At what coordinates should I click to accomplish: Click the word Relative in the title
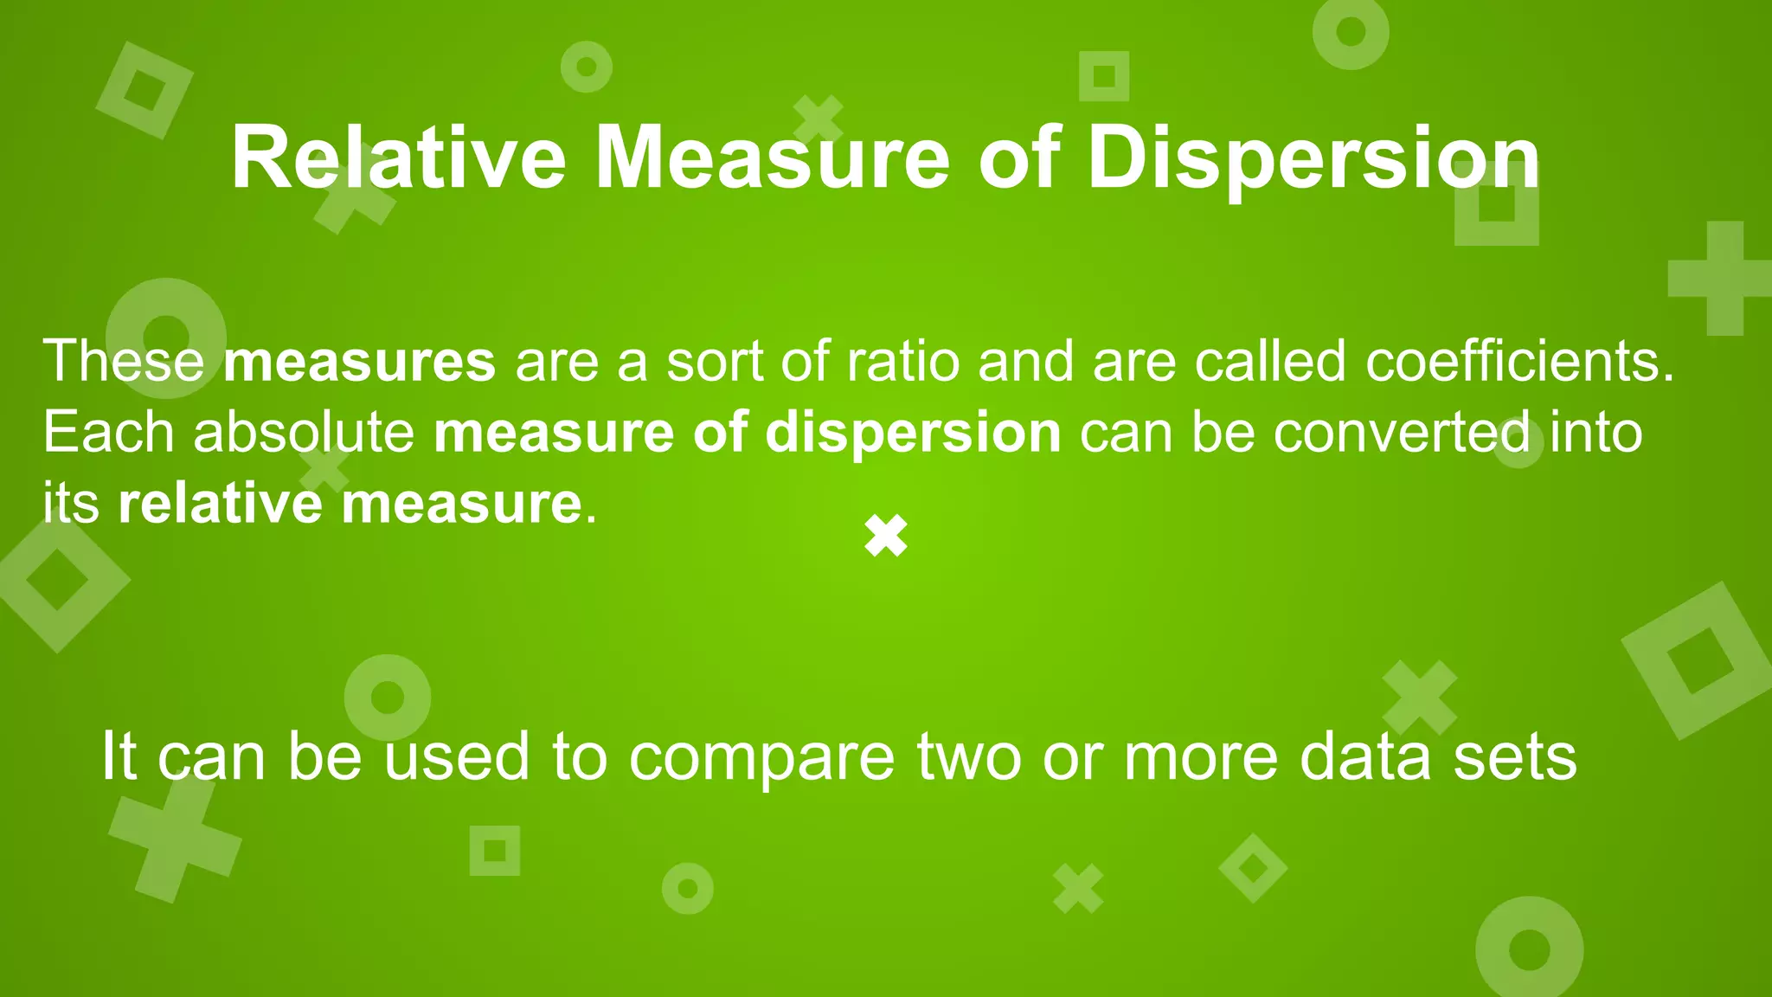pyautogui.click(x=398, y=158)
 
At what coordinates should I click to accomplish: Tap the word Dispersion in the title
pyautogui.click(x=1313, y=158)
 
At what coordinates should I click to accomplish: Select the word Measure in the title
pyautogui.click(x=773, y=158)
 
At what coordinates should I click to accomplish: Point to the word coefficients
pyautogui.click(x=1520, y=361)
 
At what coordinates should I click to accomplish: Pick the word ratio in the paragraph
pyautogui.click(x=902, y=361)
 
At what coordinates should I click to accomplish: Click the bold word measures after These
pyautogui.click(x=359, y=361)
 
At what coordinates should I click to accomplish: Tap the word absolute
pyautogui.click(x=304, y=432)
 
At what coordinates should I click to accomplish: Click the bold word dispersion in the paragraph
pyautogui.click(x=913, y=432)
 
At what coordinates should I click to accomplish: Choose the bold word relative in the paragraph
pyautogui.click(x=220, y=503)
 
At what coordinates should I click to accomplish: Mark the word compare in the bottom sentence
pyautogui.click(x=761, y=756)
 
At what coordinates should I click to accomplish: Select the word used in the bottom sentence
pyautogui.click(x=456, y=756)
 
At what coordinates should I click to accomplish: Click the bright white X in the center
pyautogui.click(x=886, y=536)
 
